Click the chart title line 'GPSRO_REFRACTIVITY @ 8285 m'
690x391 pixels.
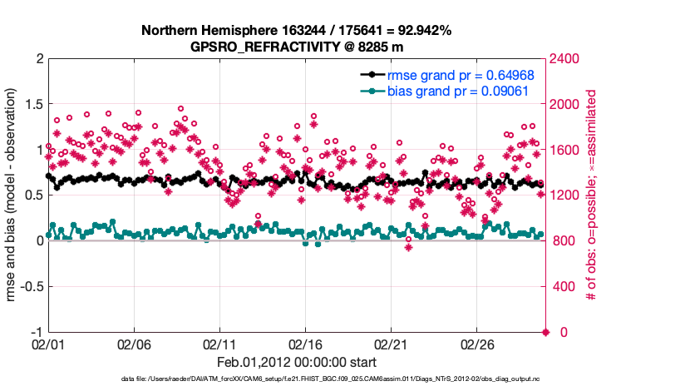tap(296, 47)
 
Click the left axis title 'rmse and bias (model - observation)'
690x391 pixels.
tap(13, 195)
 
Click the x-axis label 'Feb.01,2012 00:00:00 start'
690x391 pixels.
tap(296, 362)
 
